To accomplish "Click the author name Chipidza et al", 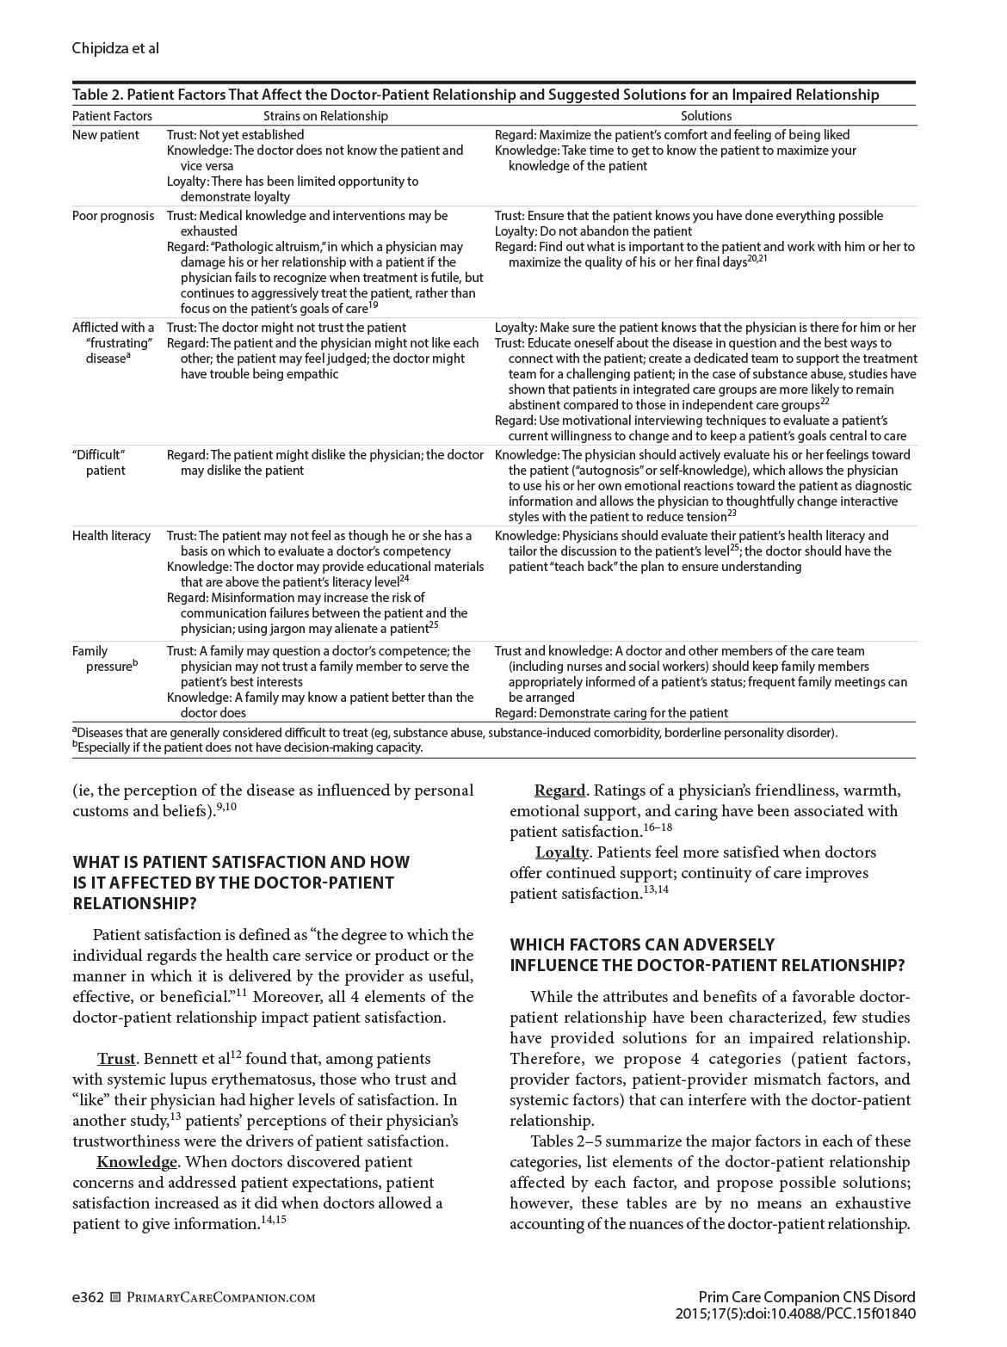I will (x=115, y=48).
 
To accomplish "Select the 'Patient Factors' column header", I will (x=112, y=115).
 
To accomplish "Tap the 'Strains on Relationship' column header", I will (x=325, y=115).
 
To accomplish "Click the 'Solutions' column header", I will (x=706, y=115).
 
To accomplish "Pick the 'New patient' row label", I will (x=105, y=135).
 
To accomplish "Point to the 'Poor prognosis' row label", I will (x=114, y=216).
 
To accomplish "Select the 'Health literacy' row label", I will (x=111, y=536).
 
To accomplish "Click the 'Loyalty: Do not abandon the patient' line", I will (x=593, y=231).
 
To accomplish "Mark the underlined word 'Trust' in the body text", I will (x=116, y=1059).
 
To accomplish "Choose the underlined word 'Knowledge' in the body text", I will (x=136, y=1162).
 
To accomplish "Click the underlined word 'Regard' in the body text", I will (x=559, y=790).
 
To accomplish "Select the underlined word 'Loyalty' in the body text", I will (x=561, y=852).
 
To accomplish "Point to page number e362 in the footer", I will (x=88, y=1297).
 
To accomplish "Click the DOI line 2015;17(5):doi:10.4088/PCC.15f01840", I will (x=795, y=1313).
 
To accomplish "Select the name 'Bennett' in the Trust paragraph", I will (x=175, y=1059).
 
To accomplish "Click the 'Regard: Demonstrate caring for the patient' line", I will (x=611, y=713).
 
